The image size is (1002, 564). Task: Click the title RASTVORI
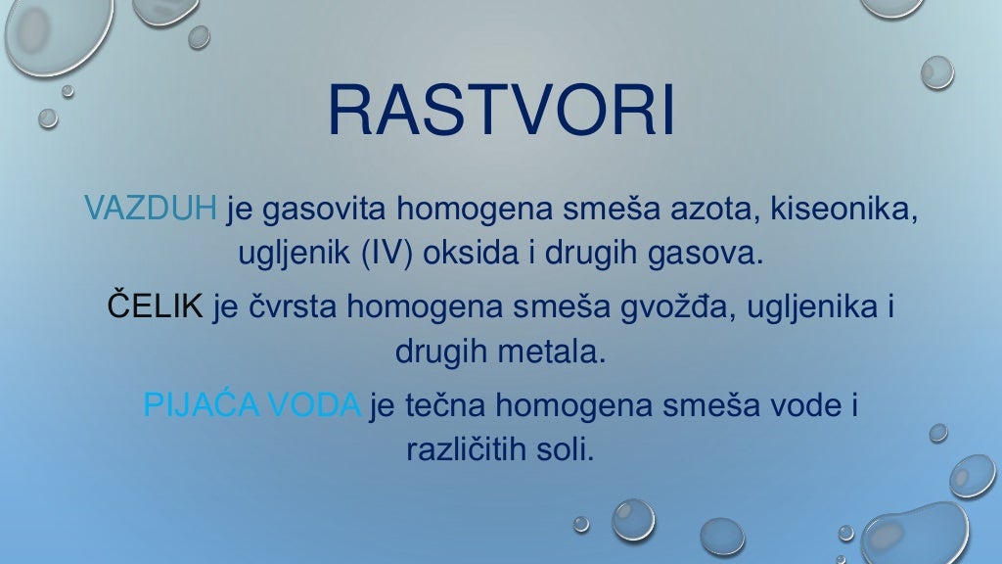click(501, 111)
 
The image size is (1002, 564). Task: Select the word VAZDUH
click(151, 209)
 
